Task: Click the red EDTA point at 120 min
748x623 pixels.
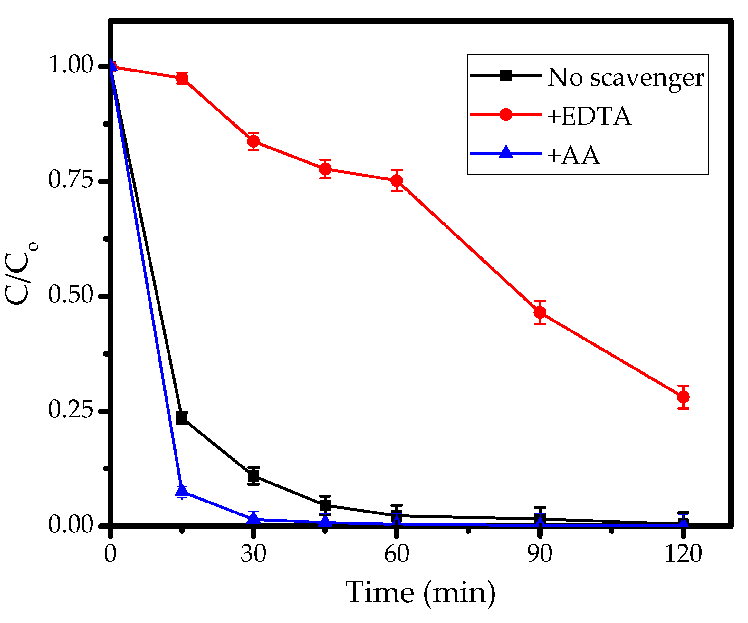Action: point(683,397)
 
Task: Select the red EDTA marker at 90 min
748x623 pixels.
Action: point(540,312)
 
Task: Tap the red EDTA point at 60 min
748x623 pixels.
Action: point(397,181)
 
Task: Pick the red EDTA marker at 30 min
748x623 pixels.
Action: point(253,141)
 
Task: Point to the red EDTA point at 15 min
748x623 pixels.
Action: point(182,78)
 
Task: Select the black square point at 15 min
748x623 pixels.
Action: point(182,418)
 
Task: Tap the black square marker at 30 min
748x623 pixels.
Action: point(253,475)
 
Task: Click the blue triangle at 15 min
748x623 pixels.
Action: point(182,491)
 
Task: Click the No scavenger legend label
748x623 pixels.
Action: point(626,78)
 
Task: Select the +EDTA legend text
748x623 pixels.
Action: point(589,116)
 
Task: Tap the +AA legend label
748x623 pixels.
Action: point(573,155)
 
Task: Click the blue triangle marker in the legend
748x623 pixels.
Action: point(506,152)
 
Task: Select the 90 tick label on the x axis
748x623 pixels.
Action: point(540,554)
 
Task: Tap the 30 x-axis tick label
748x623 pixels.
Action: point(253,554)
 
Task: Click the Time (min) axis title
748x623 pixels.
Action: point(420,592)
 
